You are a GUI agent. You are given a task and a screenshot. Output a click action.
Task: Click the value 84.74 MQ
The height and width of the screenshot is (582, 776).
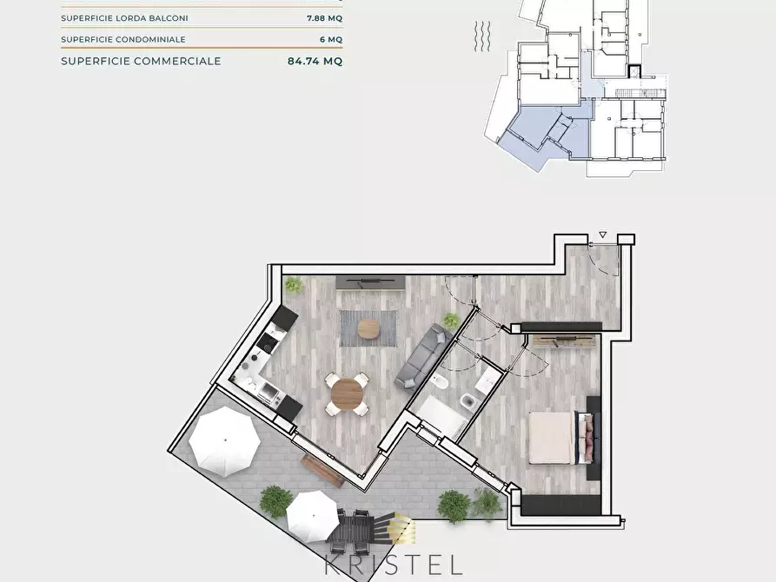(315, 61)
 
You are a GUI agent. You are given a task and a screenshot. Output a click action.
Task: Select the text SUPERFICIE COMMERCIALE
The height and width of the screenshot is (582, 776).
(141, 61)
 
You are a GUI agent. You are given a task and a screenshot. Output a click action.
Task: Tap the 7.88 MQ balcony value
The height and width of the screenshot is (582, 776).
(324, 18)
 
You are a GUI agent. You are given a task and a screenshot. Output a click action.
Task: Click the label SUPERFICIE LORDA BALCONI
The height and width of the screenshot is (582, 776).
(124, 18)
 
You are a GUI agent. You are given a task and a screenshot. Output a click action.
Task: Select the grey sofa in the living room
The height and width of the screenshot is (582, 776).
(419, 357)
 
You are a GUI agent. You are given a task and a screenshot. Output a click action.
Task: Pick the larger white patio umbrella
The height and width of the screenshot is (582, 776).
(224, 441)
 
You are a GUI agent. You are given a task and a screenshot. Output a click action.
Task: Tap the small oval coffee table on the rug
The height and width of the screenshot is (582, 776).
(368, 327)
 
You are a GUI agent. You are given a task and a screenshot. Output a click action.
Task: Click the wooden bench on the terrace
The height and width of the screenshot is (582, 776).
(323, 469)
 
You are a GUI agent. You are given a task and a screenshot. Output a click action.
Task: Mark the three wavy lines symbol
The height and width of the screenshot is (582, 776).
(483, 36)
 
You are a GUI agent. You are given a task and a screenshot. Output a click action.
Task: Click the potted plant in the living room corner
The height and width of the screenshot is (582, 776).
(295, 284)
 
